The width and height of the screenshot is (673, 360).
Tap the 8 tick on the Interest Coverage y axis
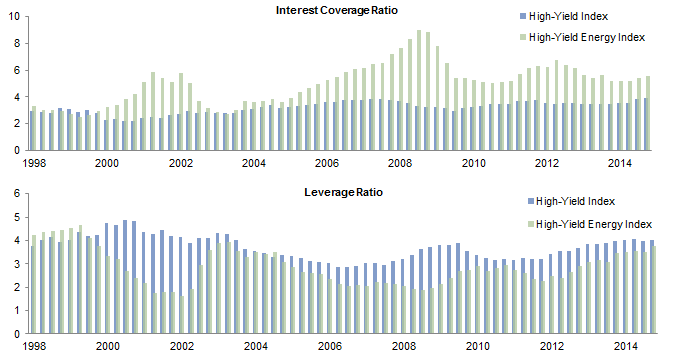coord(17,43)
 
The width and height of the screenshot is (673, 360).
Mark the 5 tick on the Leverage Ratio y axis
coord(17,217)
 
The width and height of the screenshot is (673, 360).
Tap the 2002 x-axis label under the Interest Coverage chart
coord(181,163)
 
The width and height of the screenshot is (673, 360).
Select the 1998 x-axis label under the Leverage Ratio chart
coord(35,346)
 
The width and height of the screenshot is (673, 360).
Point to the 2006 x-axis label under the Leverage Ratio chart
coord(326,346)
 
